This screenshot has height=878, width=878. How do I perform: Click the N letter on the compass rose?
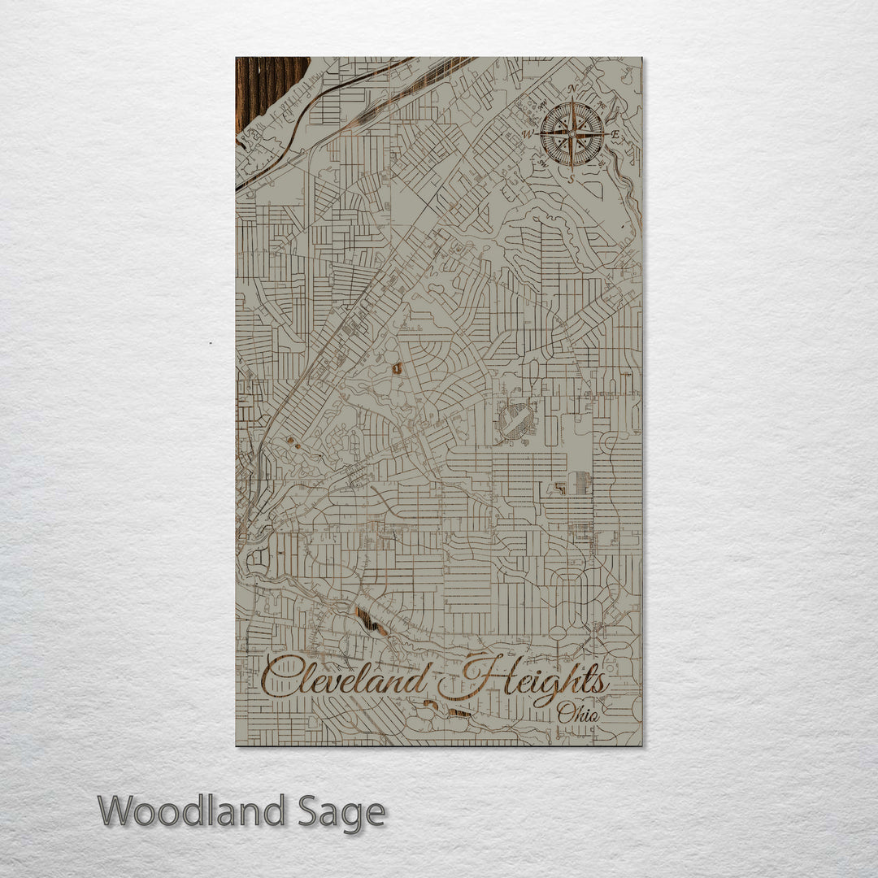click(572, 89)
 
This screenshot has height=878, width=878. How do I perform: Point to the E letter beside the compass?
click(616, 135)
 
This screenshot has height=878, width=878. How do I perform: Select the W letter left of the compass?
click(528, 134)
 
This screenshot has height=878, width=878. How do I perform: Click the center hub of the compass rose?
click(572, 133)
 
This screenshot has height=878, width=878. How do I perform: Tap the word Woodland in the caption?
click(192, 811)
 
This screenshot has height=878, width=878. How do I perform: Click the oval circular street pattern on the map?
click(515, 421)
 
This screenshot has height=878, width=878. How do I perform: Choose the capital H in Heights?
click(476, 675)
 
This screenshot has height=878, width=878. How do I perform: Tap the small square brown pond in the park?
click(397, 368)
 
